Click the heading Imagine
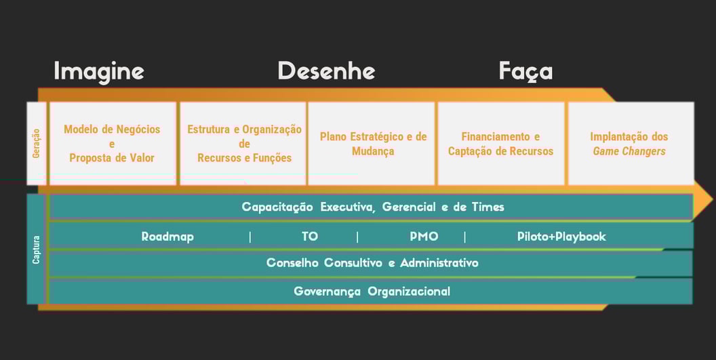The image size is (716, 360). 99,71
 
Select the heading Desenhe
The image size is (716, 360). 326,71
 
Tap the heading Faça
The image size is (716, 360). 525,71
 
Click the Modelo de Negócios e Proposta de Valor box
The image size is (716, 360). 113,143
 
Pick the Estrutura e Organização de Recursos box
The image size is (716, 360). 244,143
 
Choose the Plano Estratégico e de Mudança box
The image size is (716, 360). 372,143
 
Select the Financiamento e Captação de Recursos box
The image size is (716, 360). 501,143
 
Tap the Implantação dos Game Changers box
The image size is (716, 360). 630,143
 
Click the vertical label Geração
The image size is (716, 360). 36,143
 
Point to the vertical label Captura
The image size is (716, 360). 36,249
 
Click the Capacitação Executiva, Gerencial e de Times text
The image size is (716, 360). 373,207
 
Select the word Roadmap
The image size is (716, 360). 167,237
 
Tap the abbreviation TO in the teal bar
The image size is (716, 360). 309,237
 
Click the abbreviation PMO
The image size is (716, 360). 424,237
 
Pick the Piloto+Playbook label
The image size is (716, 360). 561,237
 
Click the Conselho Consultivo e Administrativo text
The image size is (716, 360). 372,262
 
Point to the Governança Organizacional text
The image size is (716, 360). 372,292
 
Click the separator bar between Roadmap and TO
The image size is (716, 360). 250,237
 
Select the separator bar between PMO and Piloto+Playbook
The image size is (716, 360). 464,237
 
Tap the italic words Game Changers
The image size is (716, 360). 629,151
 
